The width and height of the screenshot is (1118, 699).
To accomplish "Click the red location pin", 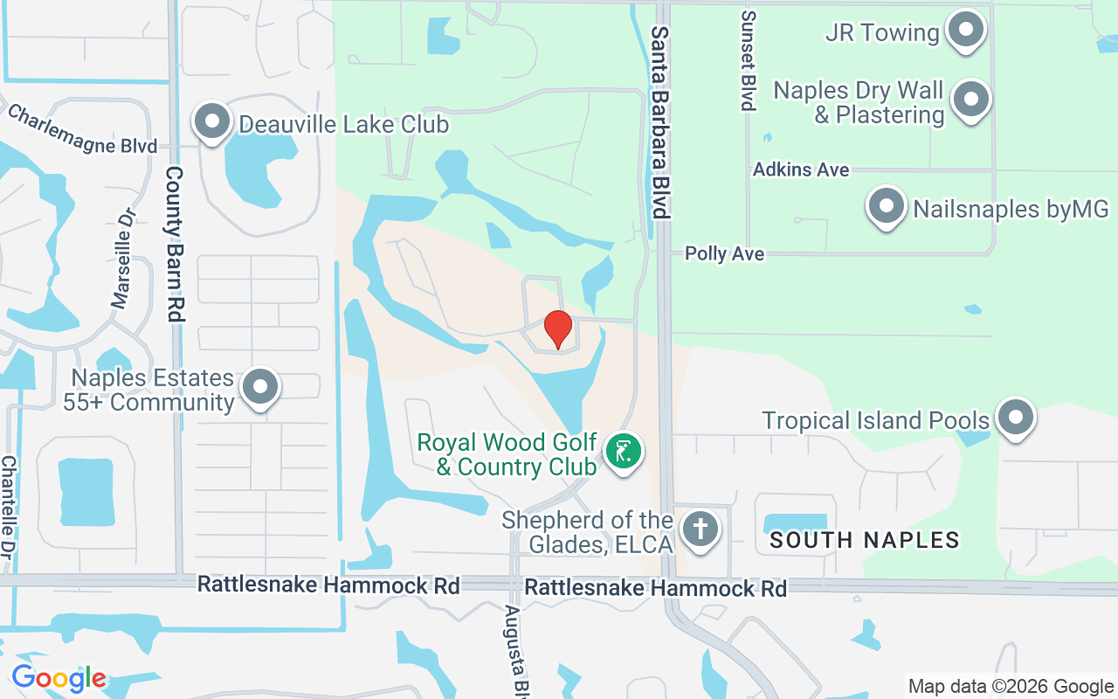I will pos(558,329).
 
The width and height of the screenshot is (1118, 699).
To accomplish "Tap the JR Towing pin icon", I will pos(965,31).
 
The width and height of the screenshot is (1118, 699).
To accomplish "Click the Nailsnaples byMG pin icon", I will pos(887,208).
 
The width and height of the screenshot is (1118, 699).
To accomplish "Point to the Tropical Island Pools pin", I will pos(1015,419).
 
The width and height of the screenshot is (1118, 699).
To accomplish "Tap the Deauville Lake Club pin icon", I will pos(211,123).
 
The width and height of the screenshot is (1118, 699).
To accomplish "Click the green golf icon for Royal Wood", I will pos(623,453).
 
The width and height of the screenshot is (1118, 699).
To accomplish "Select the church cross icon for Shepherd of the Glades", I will pos(699,529).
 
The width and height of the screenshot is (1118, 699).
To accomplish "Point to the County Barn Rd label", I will pos(175,244).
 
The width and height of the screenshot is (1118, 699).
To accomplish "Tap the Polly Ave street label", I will pos(724,254).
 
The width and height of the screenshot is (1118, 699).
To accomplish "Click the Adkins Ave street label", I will pos(801,170).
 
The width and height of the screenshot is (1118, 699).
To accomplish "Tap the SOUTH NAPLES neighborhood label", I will pos(864,540).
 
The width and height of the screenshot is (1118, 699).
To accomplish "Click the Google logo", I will pos(59,678).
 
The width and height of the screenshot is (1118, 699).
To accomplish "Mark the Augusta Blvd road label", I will pos(514,647).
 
